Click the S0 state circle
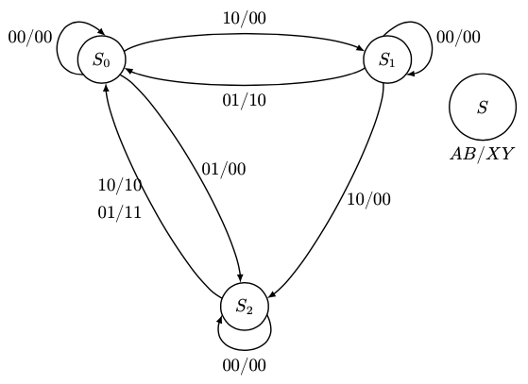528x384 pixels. (102, 59)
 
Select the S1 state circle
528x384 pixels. (386, 59)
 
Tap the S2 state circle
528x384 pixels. (245, 306)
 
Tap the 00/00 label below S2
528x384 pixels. (245, 366)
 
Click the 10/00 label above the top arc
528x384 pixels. (244, 18)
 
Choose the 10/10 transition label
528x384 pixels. (119, 185)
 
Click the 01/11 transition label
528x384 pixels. (119, 211)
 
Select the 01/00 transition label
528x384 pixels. (224, 170)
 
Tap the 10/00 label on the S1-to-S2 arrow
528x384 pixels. (367, 199)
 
